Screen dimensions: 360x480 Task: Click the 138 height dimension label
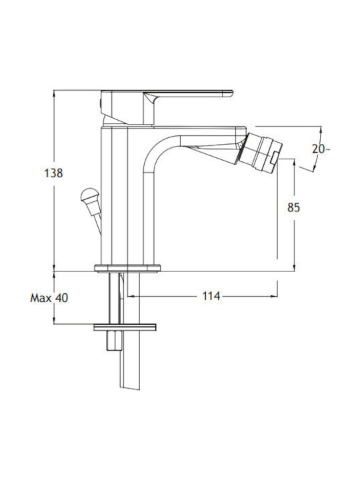pos(53,173)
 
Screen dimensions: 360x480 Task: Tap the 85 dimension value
pos(293,207)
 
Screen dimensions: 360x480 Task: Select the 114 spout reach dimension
pos(211,296)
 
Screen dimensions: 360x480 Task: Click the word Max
pos(41,297)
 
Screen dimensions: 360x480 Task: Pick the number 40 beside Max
pos(61,297)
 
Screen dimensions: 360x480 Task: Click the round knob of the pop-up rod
pos(89,195)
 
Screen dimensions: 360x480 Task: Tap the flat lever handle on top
pos(187,93)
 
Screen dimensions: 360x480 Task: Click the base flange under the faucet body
pos(127,268)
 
